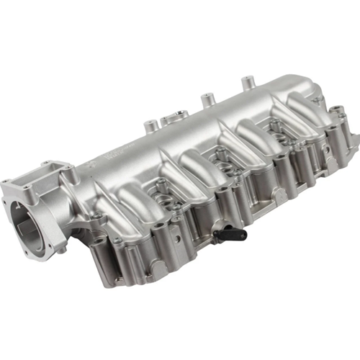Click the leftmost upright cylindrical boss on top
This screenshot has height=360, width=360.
point(150,126)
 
